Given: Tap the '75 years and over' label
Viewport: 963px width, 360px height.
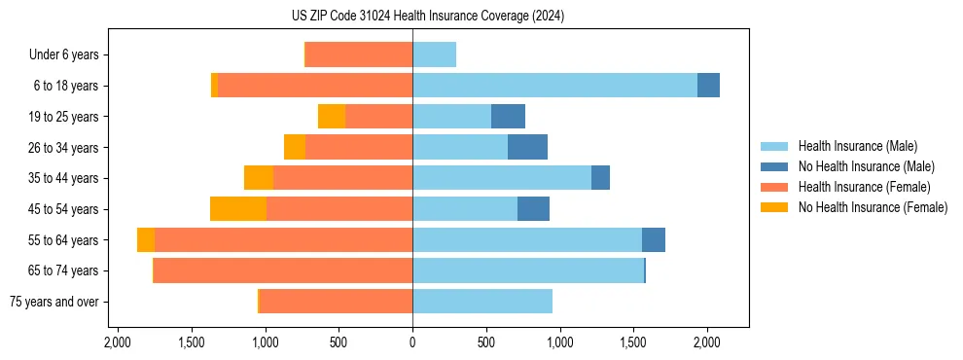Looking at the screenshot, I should click(x=54, y=302).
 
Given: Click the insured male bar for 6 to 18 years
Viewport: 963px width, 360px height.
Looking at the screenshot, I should click(x=554, y=86).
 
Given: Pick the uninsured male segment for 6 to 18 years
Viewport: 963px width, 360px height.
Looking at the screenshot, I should click(x=708, y=86).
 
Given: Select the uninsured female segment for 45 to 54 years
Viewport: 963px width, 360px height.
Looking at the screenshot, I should click(x=238, y=209).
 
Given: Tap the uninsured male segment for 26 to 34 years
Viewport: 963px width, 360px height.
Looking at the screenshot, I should click(x=527, y=147).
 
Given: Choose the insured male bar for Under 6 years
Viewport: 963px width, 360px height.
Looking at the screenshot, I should click(x=434, y=54).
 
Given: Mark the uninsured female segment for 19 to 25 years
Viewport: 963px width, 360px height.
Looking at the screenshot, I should click(x=332, y=117).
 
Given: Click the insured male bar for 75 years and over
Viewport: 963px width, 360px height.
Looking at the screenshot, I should click(x=482, y=302).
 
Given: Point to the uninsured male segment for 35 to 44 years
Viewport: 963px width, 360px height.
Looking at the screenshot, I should click(x=600, y=178).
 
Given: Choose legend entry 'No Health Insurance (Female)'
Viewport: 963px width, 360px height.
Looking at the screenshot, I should click(x=873, y=207).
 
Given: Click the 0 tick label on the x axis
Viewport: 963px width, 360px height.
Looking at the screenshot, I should click(x=412, y=342).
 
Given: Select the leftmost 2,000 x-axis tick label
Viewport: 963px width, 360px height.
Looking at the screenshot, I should click(x=117, y=342).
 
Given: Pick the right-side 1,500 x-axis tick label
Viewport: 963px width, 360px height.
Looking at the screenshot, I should click(x=633, y=342).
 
